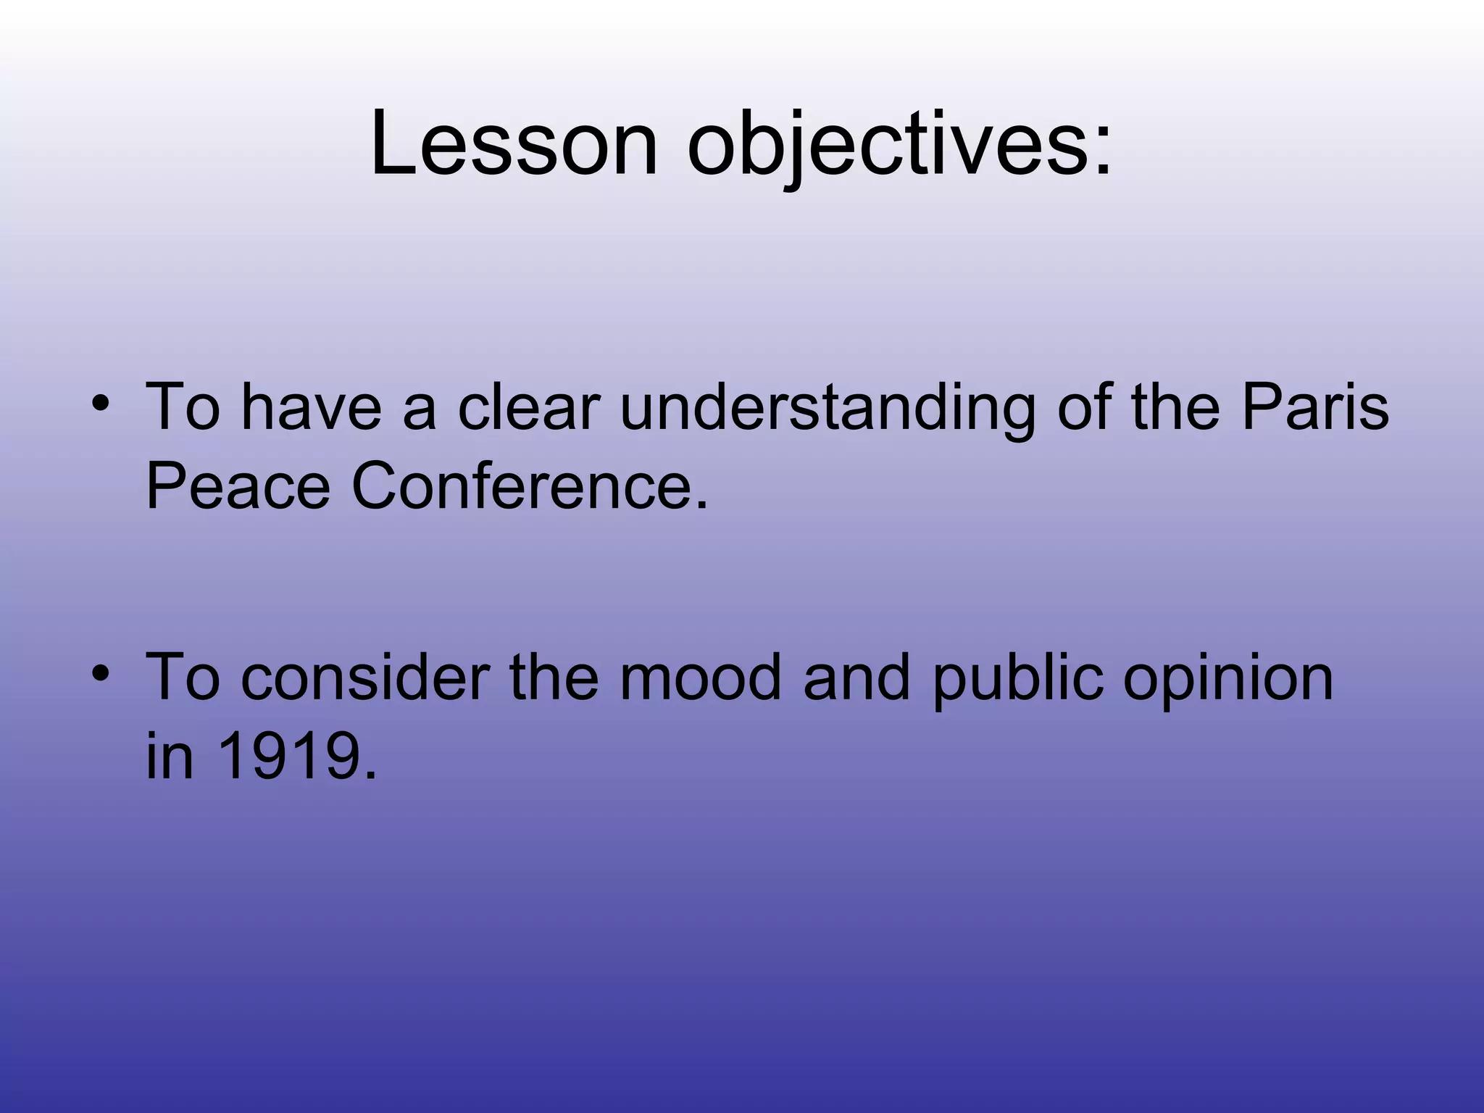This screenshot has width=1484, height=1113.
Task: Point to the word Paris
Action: (1314, 407)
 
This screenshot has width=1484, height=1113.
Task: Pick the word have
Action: (310, 407)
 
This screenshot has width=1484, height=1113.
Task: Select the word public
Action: (1017, 678)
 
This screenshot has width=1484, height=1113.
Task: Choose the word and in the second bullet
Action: (856, 678)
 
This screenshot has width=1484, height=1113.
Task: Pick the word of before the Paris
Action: (1087, 407)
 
